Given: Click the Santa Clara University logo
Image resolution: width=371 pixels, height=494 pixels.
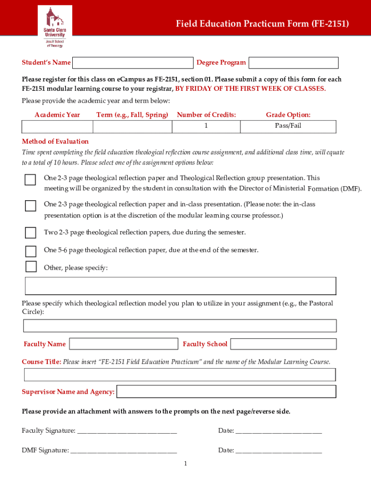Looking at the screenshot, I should [54, 27].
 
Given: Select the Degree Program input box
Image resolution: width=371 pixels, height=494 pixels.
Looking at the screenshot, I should [293, 63].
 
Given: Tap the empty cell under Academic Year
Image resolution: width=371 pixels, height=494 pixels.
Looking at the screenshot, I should [57, 126].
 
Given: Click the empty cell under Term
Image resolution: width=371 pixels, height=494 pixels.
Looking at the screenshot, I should [132, 126].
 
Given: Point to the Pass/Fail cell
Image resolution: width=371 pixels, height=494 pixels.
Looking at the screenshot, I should [288, 126].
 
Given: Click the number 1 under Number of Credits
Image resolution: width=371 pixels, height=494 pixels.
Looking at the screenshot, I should [206, 126].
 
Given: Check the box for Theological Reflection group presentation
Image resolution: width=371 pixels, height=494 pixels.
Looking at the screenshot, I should [30, 180].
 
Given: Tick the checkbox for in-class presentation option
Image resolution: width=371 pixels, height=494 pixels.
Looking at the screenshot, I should [30, 206].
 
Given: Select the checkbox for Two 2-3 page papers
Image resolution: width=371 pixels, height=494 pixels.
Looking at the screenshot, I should [30, 233].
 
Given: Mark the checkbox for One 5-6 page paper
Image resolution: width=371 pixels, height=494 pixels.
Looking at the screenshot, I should [30, 251].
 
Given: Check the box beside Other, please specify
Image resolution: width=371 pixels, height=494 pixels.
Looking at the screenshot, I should [30, 267].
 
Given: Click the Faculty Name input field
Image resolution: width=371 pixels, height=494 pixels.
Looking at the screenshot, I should [124, 344].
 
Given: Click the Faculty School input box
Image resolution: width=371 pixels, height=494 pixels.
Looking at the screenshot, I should [283, 344].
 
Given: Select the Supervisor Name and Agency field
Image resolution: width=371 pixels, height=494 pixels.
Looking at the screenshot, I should [226, 391].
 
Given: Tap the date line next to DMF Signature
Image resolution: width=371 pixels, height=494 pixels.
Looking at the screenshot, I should [278, 451].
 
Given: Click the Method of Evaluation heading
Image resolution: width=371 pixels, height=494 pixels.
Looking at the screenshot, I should [55, 141].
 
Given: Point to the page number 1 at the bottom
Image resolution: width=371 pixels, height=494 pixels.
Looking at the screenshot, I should [185, 464].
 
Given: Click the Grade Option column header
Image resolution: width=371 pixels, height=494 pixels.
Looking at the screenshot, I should [288, 115].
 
